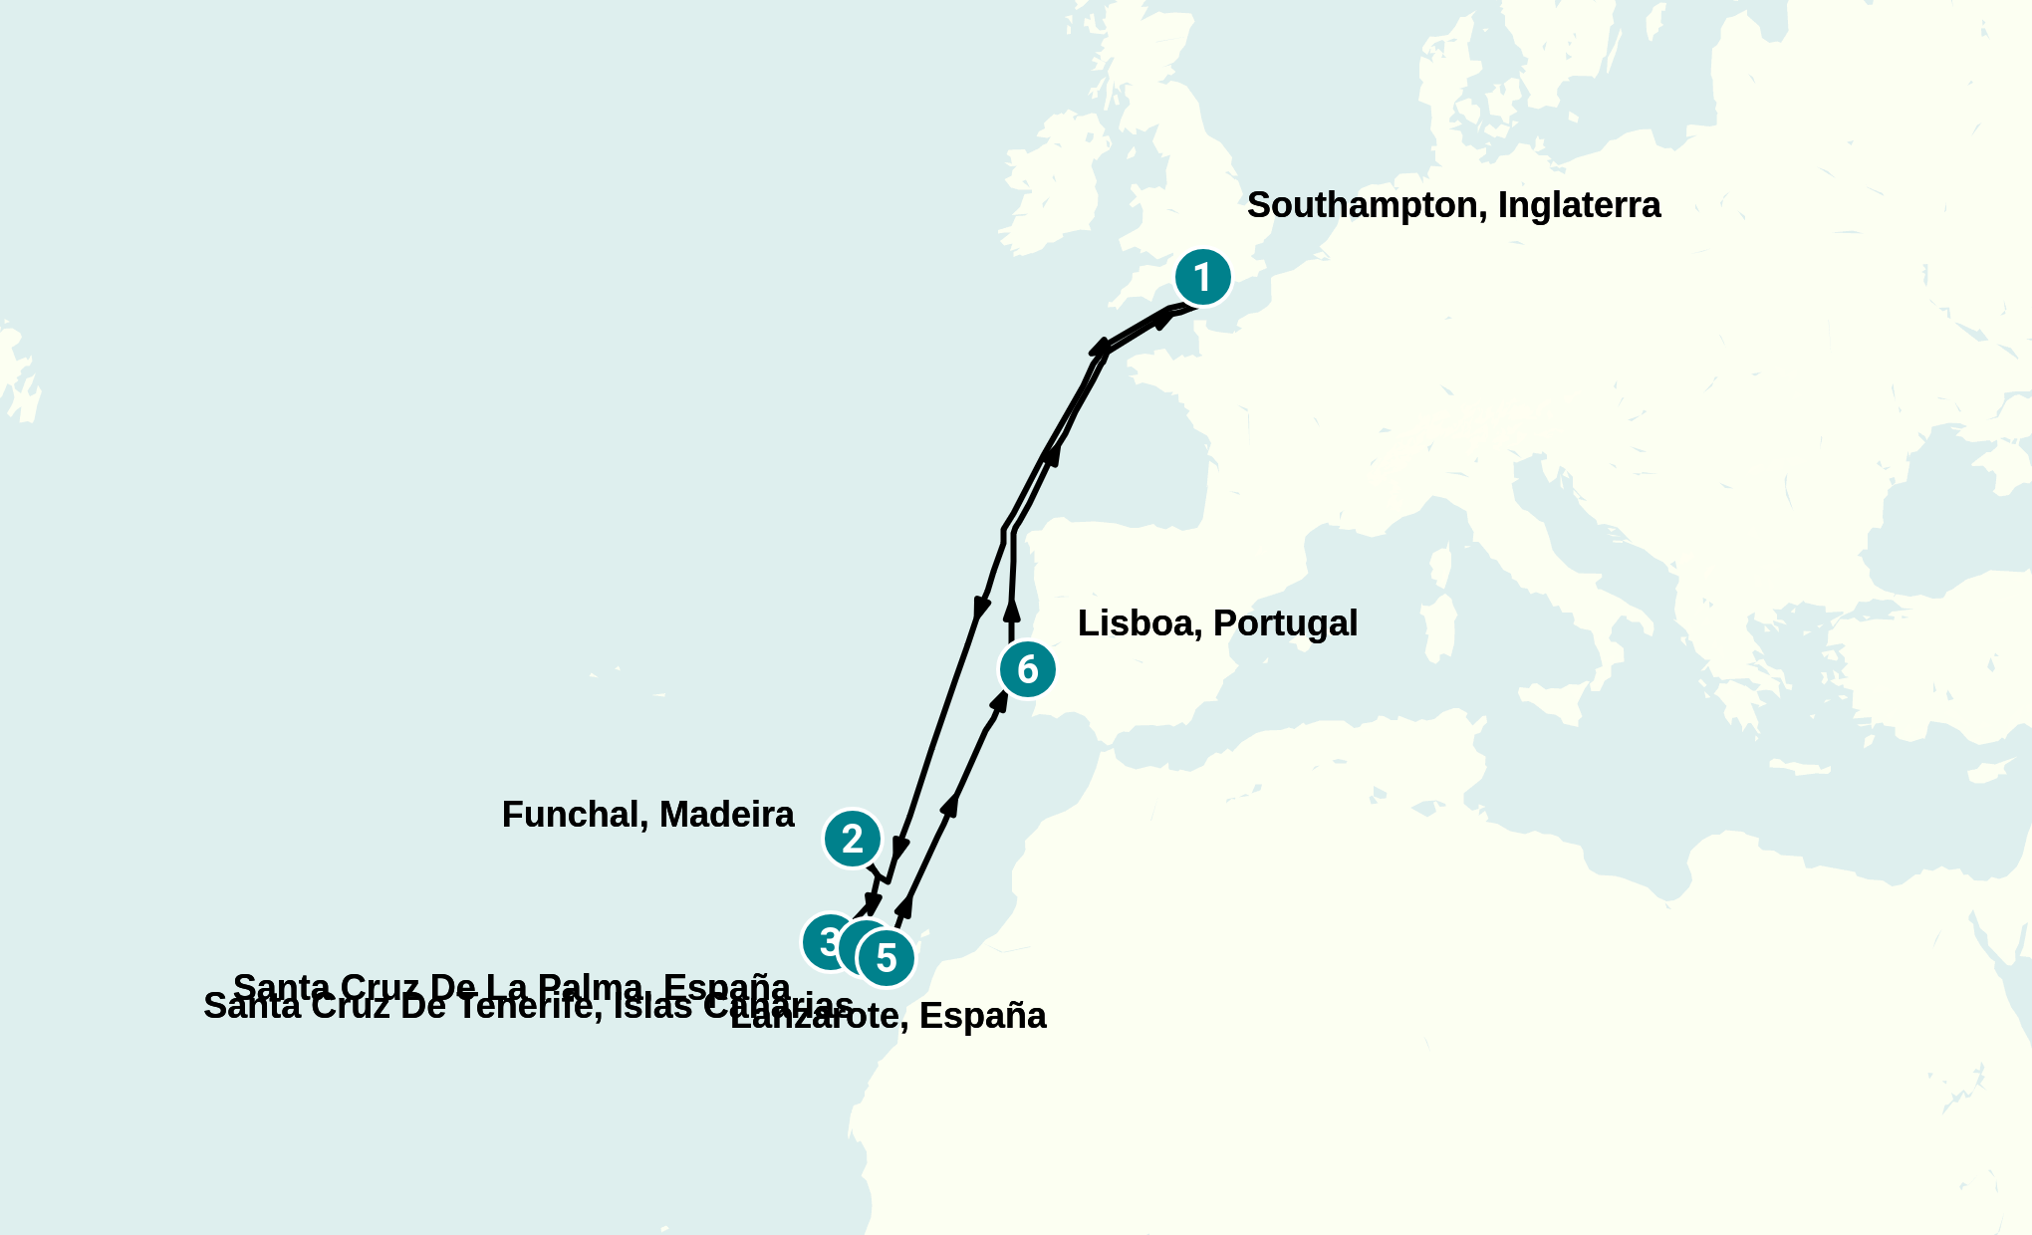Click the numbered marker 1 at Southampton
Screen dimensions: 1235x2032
1202,277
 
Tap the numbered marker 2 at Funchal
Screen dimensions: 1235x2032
853,839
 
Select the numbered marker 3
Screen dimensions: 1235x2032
825,941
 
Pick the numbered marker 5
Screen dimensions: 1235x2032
886,958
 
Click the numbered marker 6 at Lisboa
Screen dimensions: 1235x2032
1027,669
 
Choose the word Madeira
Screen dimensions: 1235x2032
726,815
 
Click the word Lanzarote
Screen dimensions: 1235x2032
817,1017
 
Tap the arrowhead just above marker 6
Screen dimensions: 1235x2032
1011,610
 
